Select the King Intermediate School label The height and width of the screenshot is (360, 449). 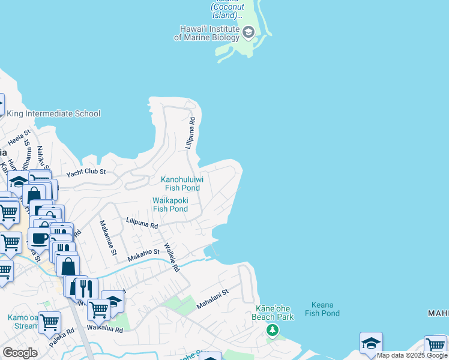(x=53, y=113)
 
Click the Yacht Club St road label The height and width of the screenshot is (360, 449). (x=86, y=172)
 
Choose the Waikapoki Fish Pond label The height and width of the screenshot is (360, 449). (x=170, y=205)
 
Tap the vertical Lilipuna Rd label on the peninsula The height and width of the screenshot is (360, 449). (x=189, y=133)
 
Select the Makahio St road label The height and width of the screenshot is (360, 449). (x=143, y=256)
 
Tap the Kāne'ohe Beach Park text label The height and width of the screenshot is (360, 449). (x=274, y=313)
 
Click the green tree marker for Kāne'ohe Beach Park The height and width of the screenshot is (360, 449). (x=273, y=330)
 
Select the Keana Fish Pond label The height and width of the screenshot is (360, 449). (x=322, y=309)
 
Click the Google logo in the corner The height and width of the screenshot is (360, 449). (x=20, y=353)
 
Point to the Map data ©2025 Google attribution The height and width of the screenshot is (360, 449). (x=412, y=355)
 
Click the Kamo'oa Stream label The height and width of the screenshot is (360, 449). (x=23, y=322)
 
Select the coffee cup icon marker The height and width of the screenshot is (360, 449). (x=40, y=238)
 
